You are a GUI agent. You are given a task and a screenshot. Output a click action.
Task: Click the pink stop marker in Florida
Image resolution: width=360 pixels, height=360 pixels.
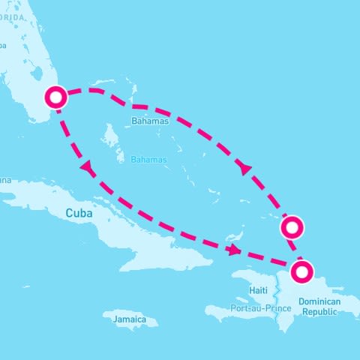[x=56, y=97]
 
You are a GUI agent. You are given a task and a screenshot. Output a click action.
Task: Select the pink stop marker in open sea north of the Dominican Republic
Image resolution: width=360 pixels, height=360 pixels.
[x=292, y=226]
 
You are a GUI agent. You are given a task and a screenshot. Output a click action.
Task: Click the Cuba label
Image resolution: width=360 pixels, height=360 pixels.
[x=79, y=213]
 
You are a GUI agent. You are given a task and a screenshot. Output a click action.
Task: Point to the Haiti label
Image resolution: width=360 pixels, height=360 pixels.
[x=258, y=290]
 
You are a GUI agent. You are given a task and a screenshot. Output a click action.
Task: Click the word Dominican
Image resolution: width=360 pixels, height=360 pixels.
[x=319, y=301]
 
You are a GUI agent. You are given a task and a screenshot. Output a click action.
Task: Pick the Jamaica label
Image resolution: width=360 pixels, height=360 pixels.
[x=130, y=319]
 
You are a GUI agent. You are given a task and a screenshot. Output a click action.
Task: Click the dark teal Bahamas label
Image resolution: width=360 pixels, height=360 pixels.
[x=151, y=120]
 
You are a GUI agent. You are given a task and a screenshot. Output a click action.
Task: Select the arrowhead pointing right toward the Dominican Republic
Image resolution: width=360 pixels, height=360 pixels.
[x=235, y=250]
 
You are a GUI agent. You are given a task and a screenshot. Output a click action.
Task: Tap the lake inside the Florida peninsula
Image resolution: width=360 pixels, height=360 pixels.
[x=37, y=76]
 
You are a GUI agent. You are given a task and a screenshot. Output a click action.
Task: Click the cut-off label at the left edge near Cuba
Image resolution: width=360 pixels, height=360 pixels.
[x=5, y=179]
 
